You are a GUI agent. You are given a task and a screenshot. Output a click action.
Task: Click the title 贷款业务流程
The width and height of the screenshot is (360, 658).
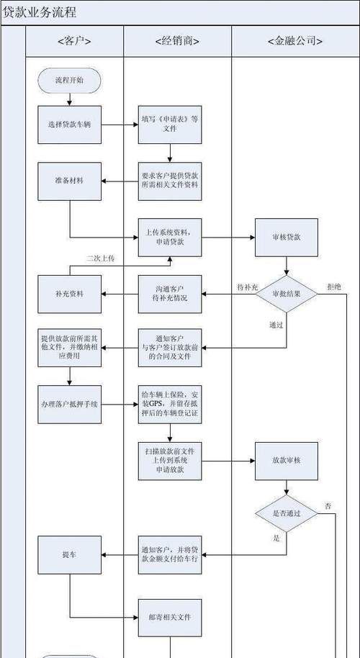click(x=40, y=12)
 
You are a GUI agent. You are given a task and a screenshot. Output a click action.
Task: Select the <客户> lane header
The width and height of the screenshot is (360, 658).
click(x=74, y=41)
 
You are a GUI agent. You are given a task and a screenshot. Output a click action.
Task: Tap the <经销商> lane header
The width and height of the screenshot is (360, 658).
click(x=177, y=41)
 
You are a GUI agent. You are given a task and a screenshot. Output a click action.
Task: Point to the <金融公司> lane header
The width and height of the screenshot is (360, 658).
click(x=295, y=41)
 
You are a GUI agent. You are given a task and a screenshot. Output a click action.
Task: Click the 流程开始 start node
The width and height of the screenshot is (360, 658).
click(x=69, y=80)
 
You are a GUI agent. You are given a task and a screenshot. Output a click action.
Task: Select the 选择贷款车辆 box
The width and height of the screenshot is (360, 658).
click(x=69, y=125)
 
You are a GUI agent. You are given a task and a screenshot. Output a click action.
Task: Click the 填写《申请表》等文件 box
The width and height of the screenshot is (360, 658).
click(x=170, y=124)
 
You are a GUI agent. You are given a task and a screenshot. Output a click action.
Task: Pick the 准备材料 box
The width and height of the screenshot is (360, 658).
click(x=69, y=181)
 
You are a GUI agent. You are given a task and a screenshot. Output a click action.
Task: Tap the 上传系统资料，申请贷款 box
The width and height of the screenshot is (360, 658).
click(x=170, y=237)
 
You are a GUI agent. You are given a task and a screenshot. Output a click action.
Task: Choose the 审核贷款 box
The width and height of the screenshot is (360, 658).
click(x=286, y=237)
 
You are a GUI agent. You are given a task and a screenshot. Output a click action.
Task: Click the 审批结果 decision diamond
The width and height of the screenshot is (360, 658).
click(x=286, y=294)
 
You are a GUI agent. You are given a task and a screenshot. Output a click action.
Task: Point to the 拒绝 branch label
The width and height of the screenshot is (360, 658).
click(x=334, y=287)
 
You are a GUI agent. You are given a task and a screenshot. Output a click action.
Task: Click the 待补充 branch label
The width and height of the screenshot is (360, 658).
click(x=246, y=287)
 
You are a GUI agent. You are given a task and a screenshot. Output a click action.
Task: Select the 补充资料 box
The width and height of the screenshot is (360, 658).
click(x=69, y=294)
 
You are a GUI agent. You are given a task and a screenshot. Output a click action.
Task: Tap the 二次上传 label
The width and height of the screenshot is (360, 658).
click(x=100, y=258)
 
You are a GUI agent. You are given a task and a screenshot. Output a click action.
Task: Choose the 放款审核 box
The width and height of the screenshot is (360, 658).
click(x=286, y=460)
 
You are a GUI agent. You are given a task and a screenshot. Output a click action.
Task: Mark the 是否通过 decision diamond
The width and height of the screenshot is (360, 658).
click(x=286, y=513)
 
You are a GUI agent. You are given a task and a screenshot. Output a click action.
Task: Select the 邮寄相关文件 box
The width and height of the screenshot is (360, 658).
click(x=170, y=617)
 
